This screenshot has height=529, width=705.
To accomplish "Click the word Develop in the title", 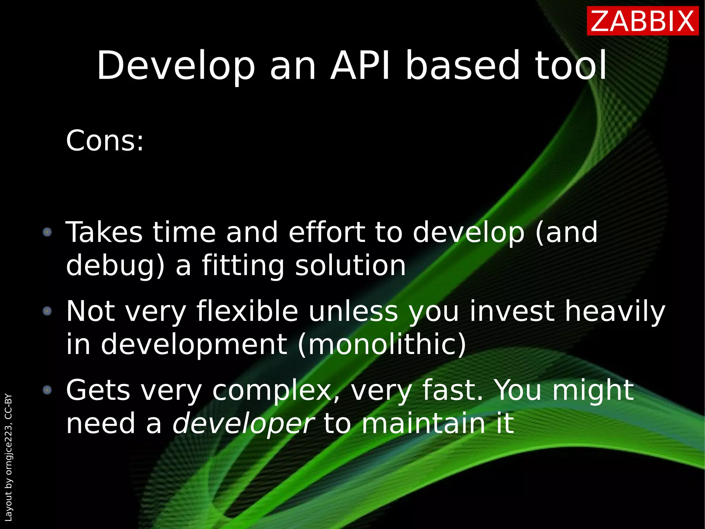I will [x=176, y=66].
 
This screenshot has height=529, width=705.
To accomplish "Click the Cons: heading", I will [x=105, y=141].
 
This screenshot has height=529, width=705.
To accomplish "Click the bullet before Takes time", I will [x=47, y=232].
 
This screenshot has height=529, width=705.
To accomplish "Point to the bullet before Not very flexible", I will [x=47, y=311].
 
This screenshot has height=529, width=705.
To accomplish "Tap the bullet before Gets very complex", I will [x=47, y=390].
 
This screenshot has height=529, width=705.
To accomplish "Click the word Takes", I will [x=104, y=232].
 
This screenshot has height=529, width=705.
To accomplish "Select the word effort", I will [x=327, y=232].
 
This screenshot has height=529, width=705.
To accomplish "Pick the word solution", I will [x=350, y=265].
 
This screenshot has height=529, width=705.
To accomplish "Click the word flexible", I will [x=247, y=311].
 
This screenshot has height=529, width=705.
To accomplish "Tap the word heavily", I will [x=615, y=312].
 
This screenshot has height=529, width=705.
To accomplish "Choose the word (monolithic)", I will [x=382, y=344].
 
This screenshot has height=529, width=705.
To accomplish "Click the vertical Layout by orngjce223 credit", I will [x=9, y=457].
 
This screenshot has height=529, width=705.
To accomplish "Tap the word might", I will [x=592, y=391].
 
